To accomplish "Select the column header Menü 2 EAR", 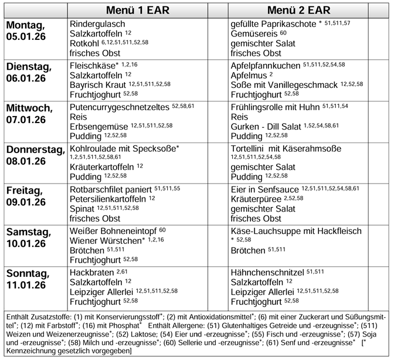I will tap(299, 10).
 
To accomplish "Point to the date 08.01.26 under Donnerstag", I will tap(26, 161).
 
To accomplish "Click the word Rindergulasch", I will tap(98, 24).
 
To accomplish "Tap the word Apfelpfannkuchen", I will tap(266, 64).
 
